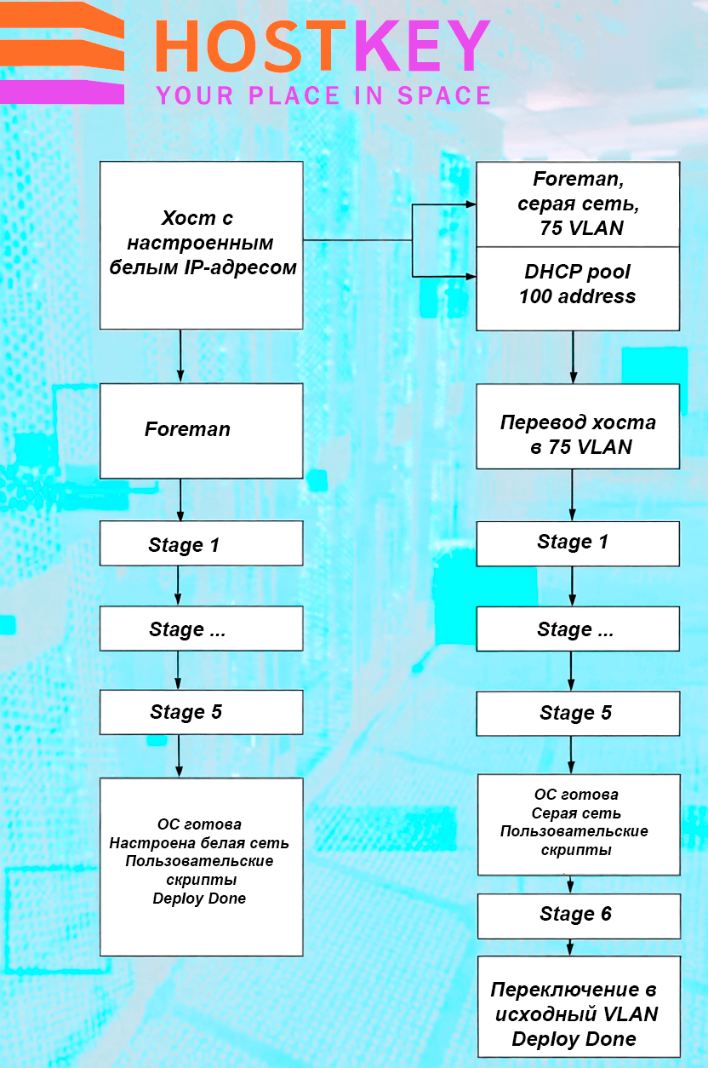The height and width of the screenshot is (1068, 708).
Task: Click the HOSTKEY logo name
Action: [323, 46]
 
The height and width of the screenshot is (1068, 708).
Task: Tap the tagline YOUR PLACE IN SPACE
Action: [323, 95]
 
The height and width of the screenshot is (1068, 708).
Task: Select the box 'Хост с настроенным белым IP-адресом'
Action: [202, 245]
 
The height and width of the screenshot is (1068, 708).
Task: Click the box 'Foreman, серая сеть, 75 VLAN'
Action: [578, 204]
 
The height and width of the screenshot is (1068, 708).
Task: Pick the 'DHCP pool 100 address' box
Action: [578, 289]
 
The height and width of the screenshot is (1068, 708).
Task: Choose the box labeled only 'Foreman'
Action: [202, 431]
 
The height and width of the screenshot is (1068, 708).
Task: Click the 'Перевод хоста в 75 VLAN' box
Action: [578, 426]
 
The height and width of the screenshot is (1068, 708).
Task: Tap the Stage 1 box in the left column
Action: [202, 543]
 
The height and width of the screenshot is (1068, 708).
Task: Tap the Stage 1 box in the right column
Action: [578, 543]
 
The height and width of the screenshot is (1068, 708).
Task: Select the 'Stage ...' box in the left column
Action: [202, 629]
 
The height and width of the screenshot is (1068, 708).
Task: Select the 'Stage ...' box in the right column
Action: [578, 629]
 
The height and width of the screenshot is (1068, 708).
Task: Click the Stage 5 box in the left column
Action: [202, 712]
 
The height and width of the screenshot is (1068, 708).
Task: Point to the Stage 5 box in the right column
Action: [578, 714]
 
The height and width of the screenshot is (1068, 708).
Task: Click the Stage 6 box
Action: [579, 916]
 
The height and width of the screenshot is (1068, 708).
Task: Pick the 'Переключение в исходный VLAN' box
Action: [579, 1007]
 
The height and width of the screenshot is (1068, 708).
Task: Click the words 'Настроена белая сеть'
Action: [199, 843]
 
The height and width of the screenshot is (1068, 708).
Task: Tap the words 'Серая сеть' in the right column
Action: [576, 812]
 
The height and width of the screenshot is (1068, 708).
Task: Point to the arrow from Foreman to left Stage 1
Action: [180, 500]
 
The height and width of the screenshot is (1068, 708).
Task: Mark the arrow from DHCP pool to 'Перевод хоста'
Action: [574, 357]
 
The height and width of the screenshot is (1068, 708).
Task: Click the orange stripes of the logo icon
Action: [62, 39]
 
